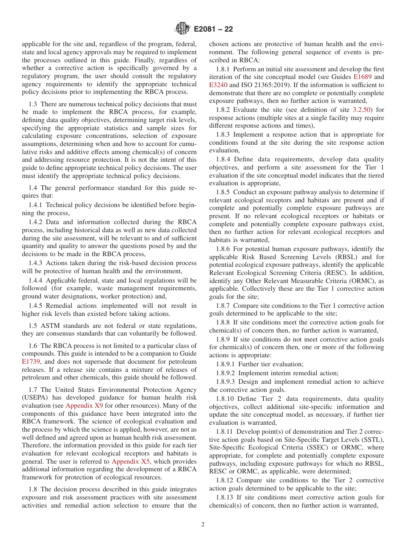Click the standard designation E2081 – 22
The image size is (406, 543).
213,29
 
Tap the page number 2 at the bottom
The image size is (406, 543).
203,525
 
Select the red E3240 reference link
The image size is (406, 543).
218,85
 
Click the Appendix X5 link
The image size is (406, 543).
130,461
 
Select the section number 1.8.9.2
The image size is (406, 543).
227,373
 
